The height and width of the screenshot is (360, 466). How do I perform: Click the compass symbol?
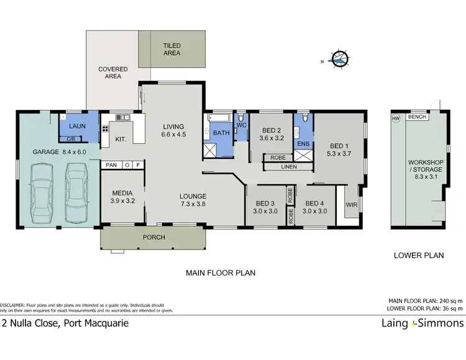pyautogui.click(x=340, y=59)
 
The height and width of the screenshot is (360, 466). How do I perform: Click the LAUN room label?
pyautogui.click(x=78, y=126)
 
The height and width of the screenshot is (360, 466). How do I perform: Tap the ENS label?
pyautogui.click(x=304, y=144)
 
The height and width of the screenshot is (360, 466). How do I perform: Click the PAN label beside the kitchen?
pyautogui.click(x=112, y=165)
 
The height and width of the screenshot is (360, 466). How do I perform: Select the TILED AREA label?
pyautogui.click(x=171, y=49)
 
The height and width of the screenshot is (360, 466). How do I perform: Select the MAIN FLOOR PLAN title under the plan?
pyautogui.click(x=221, y=272)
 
